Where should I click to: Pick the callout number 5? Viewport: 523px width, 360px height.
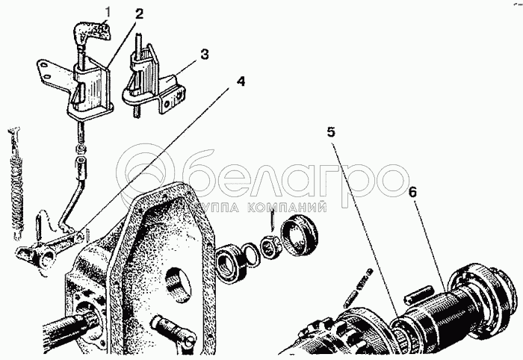coord(332,133)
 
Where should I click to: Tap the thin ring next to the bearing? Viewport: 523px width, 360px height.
coord(253,252)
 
